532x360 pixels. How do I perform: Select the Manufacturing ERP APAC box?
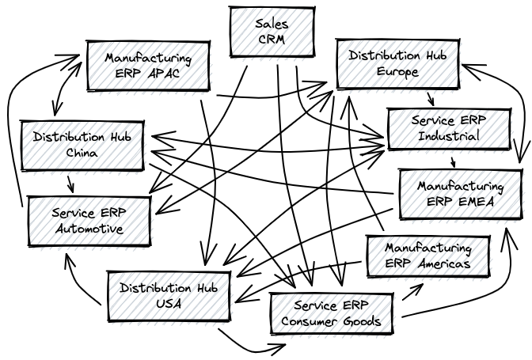click(x=147, y=66)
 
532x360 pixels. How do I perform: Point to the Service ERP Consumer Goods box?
click(x=332, y=313)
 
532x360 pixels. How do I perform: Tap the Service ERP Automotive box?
click(x=88, y=221)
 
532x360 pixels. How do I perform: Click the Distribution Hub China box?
click(x=82, y=144)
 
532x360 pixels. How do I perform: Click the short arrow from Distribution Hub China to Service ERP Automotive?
click(x=71, y=183)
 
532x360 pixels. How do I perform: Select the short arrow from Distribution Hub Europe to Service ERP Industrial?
click(x=431, y=98)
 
